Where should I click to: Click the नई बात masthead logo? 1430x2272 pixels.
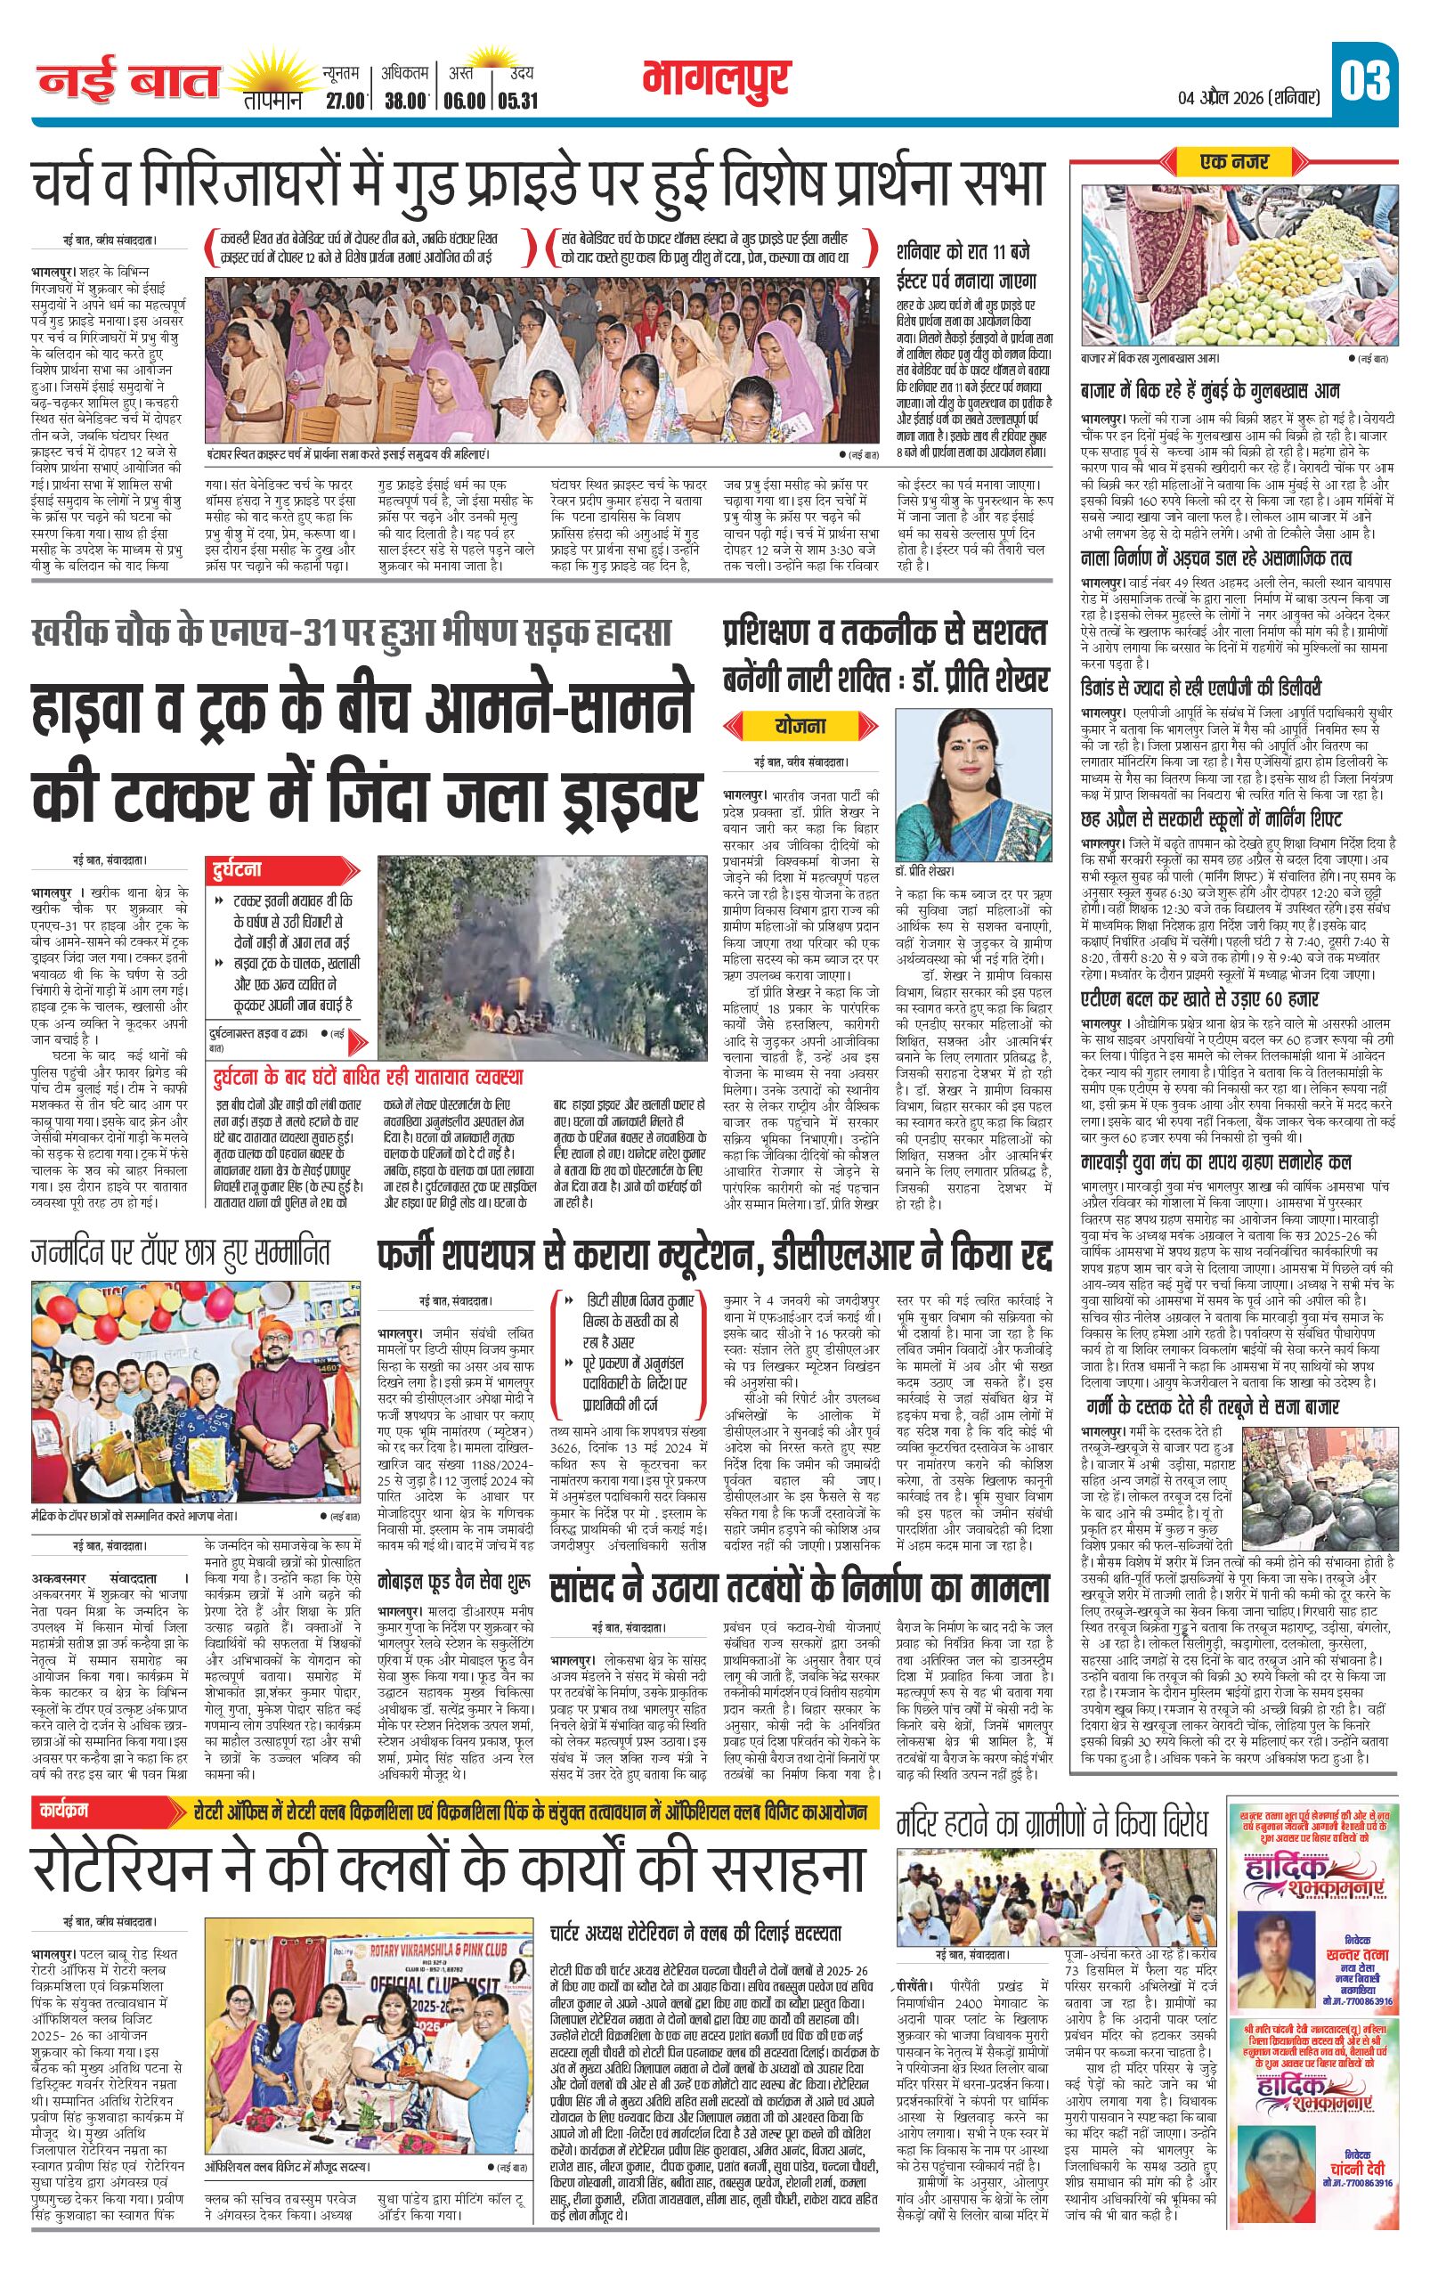[x=127, y=82]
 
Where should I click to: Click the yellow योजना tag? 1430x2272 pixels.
[x=800, y=726]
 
